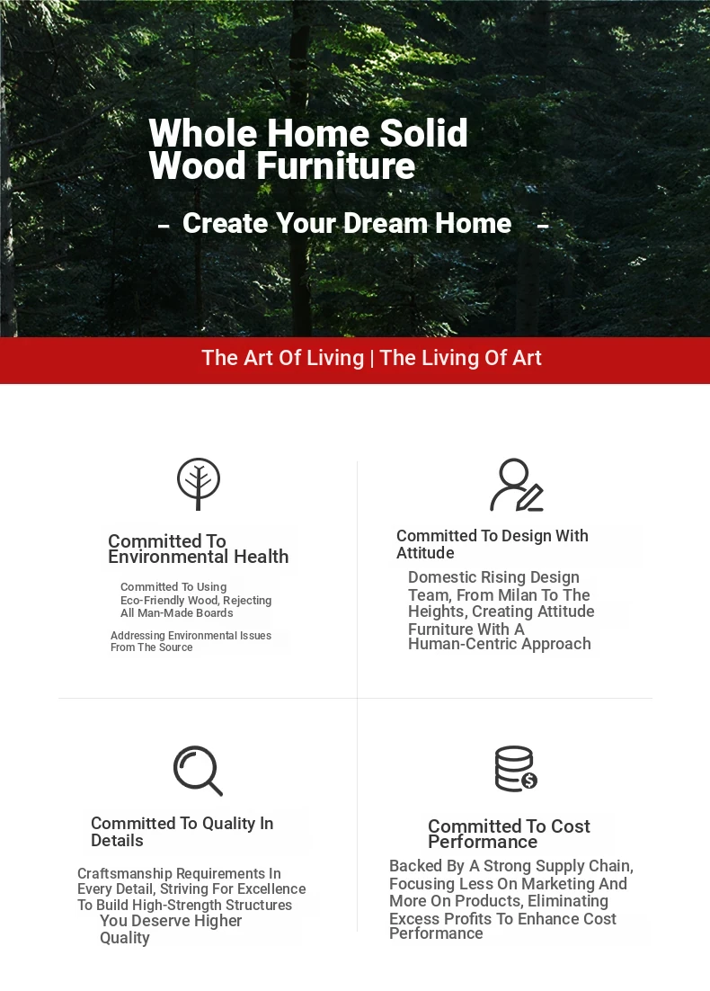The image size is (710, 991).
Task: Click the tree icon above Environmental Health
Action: click(x=199, y=484)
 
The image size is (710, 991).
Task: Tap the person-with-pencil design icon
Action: click(x=517, y=485)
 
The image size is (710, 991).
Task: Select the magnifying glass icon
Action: click(x=198, y=771)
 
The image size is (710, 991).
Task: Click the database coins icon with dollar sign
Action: click(x=516, y=769)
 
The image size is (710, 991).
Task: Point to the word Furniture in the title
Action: click(x=335, y=166)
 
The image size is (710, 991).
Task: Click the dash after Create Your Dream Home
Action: click(x=543, y=224)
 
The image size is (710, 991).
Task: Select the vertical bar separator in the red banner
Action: click(x=372, y=358)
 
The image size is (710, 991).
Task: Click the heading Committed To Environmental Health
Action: click(x=199, y=549)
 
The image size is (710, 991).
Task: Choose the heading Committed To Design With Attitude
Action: click(x=493, y=544)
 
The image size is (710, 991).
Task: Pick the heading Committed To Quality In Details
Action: click(x=182, y=832)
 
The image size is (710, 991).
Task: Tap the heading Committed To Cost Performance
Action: click(x=509, y=834)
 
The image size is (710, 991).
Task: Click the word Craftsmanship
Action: click(x=124, y=874)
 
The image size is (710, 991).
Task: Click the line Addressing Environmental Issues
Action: click(x=191, y=636)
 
